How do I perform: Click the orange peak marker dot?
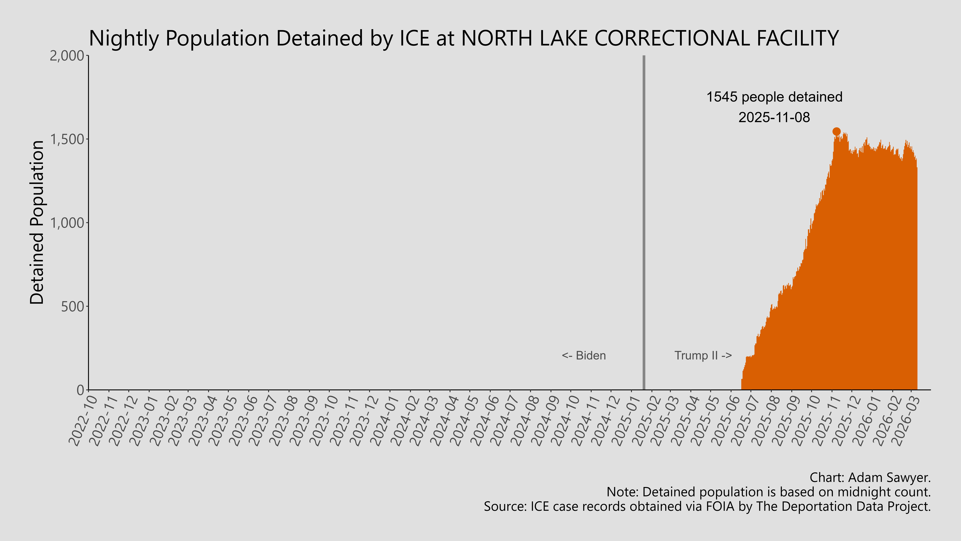coord(836,131)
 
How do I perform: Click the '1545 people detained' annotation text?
coord(774,97)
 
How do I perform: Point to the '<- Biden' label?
coord(584,355)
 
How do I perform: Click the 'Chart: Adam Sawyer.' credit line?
coord(870,477)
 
